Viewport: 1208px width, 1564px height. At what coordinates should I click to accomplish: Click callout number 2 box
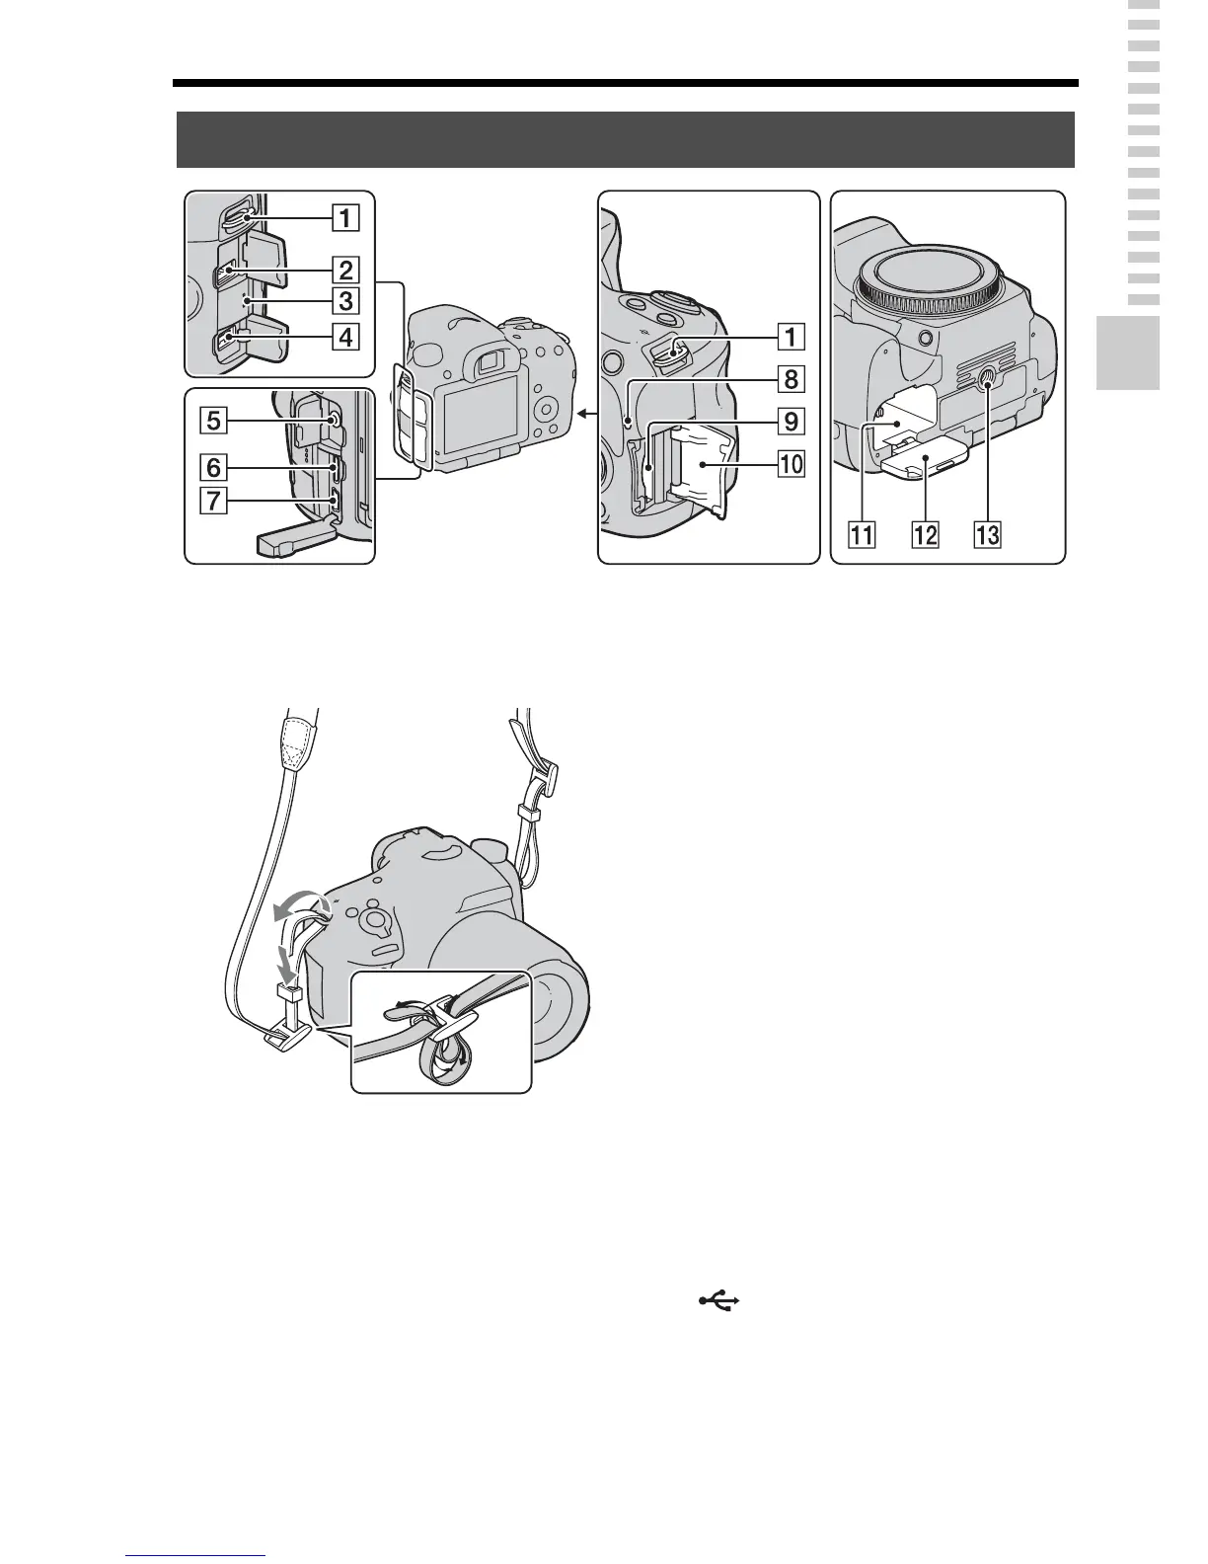click(344, 269)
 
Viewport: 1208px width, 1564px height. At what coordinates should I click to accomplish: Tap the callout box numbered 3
click(344, 300)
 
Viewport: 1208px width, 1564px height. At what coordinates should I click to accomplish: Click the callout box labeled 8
click(790, 379)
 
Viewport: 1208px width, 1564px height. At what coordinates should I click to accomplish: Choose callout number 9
click(790, 422)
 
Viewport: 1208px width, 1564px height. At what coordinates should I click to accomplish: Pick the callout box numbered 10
click(790, 463)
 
